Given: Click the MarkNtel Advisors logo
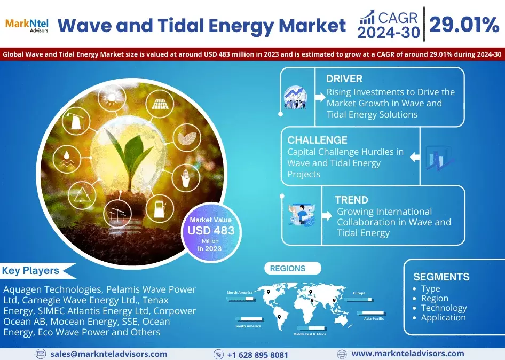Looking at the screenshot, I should [26, 25].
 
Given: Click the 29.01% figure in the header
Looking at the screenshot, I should [463, 25].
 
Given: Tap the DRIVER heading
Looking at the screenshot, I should [344, 79].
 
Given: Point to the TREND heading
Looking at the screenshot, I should [351, 200].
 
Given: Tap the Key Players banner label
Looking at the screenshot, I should [31, 271].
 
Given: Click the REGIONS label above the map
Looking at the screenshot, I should [288, 269].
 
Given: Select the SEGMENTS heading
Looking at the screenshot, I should [441, 277].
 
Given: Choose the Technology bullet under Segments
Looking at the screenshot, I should [444, 308].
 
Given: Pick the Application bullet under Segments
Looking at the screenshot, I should [443, 317].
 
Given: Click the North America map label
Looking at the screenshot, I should [239, 293].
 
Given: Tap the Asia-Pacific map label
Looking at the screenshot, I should [374, 318].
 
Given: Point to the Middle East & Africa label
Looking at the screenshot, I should [310, 334].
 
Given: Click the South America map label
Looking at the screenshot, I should [248, 326].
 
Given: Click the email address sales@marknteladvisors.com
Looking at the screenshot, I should [108, 354].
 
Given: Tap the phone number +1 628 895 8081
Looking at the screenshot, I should [257, 355].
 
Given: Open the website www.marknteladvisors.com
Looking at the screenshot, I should [407, 354].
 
